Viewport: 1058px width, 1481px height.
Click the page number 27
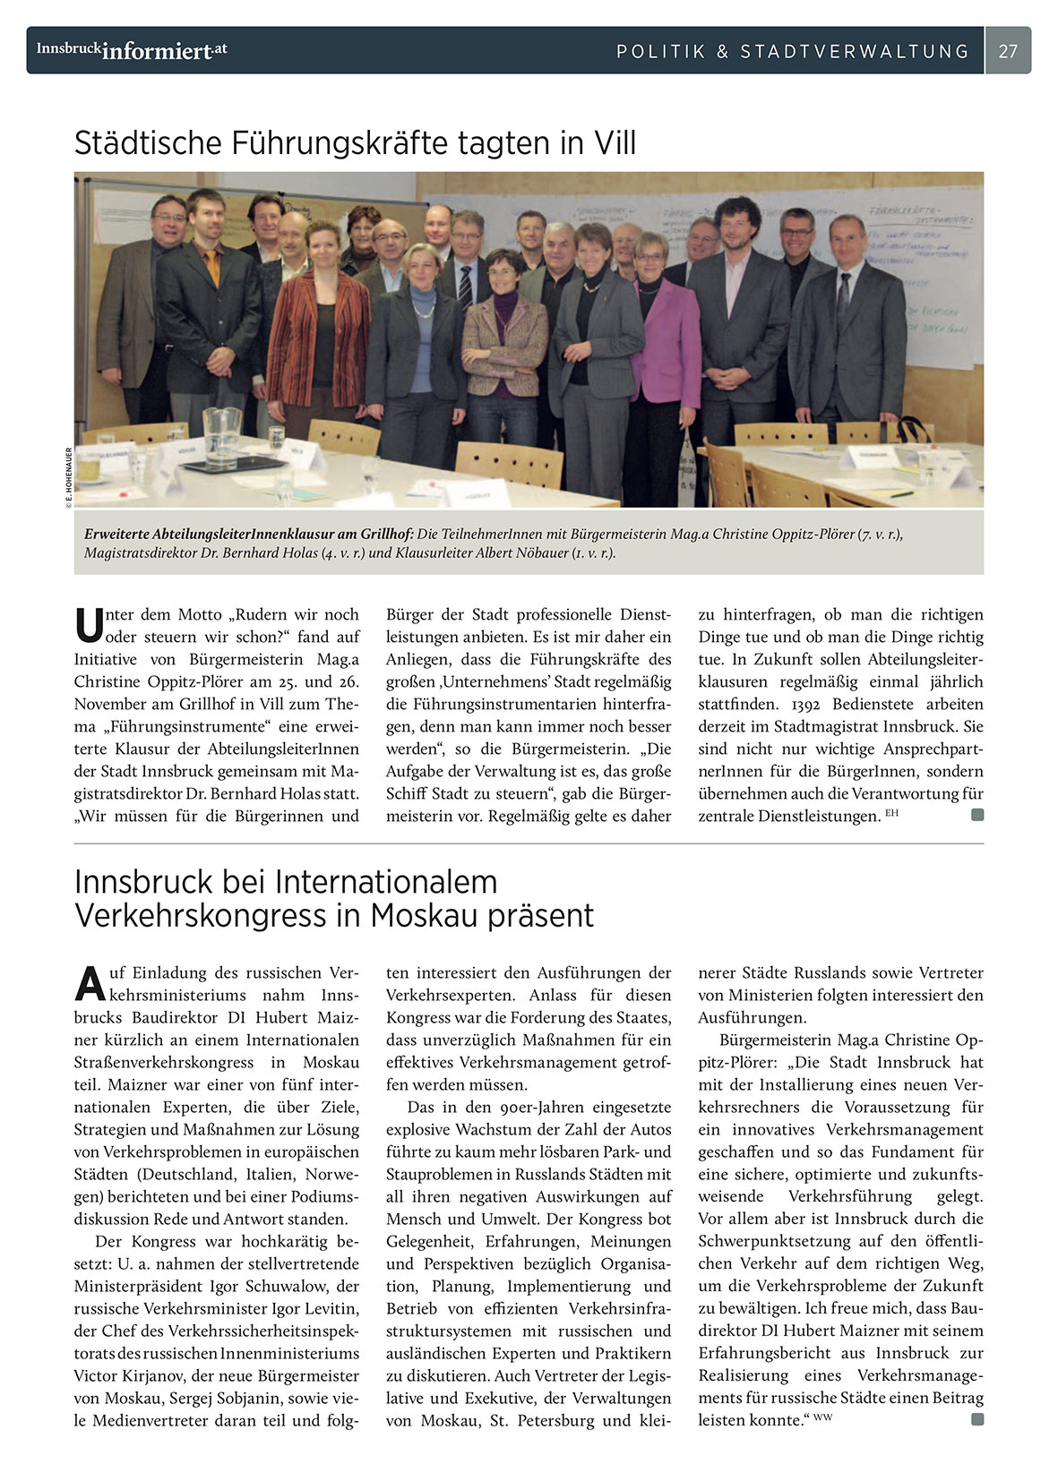[x=1008, y=51]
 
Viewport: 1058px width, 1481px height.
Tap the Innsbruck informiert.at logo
[x=132, y=50]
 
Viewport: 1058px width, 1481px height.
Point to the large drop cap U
[x=89, y=625]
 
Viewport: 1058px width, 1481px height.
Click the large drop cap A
[x=90, y=983]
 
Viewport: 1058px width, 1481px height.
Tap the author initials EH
[x=891, y=813]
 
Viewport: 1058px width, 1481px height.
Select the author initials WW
[x=822, y=1417]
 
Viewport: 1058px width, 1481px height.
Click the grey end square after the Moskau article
[x=977, y=1419]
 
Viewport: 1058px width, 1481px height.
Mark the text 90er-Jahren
[x=527, y=1107]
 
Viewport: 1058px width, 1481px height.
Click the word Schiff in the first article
[x=409, y=793]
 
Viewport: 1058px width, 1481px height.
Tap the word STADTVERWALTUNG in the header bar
[x=855, y=51]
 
